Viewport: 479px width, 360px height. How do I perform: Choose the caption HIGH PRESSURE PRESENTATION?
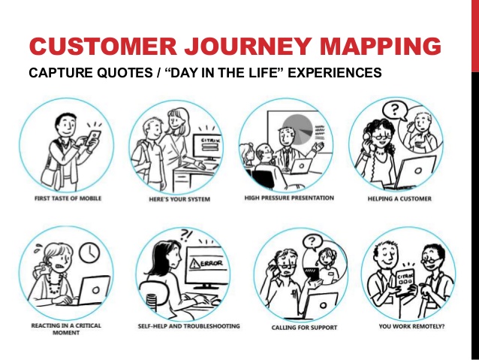pyautogui.click(x=289, y=198)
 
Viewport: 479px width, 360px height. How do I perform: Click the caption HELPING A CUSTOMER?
pyautogui.click(x=399, y=199)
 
